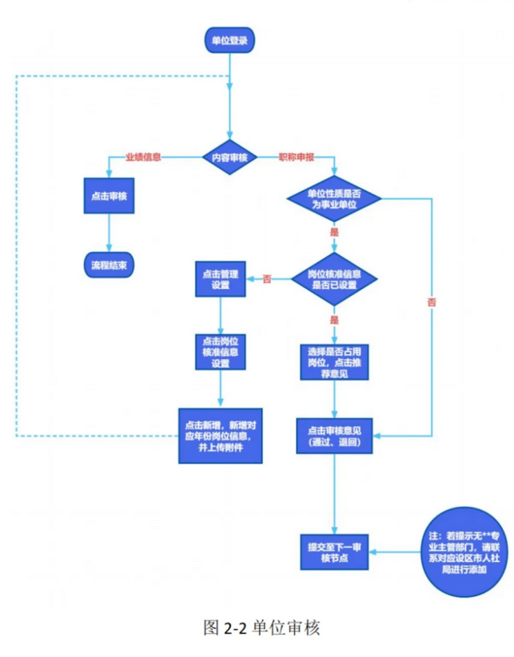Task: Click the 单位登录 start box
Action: pos(230,38)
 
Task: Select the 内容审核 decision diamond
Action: pos(230,157)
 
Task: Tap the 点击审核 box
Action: pos(110,196)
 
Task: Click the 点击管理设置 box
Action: pos(220,280)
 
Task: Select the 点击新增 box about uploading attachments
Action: pos(221,436)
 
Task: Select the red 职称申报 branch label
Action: pos(296,157)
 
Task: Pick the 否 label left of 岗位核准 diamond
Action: pos(267,279)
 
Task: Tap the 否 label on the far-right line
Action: pos(432,302)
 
